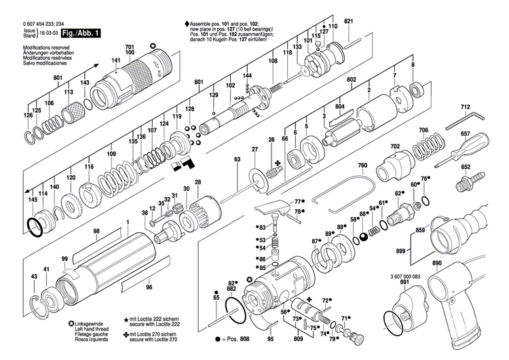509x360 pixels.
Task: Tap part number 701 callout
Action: [x=130, y=46]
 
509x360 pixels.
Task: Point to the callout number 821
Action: [x=348, y=22]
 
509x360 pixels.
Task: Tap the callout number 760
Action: [x=362, y=166]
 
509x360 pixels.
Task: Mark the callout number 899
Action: [x=400, y=251]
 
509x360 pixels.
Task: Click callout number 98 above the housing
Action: [x=96, y=232]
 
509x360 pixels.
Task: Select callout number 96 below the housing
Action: [x=148, y=287]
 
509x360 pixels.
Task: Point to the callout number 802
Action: [x=352, y=80]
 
